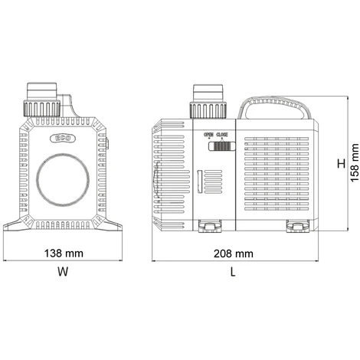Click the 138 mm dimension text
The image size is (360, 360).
64,254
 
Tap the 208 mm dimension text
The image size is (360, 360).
234,254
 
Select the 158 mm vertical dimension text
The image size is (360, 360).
355,163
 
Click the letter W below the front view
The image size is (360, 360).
63,272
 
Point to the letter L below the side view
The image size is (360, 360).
233,272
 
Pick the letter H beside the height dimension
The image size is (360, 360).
341,163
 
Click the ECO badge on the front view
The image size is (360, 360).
63,139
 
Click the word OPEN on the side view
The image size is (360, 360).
208,134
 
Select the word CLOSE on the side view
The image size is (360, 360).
222,134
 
